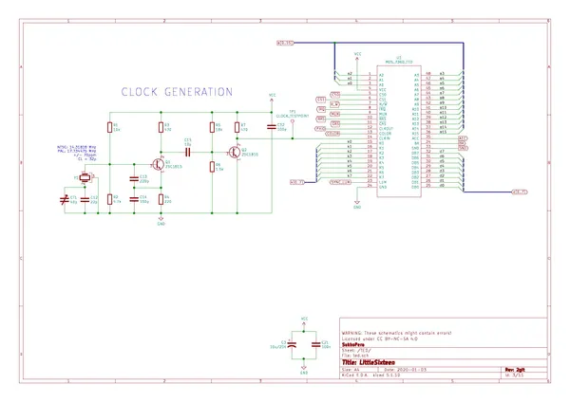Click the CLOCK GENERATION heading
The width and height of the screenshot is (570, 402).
pyautogui.click(x=176, y=92)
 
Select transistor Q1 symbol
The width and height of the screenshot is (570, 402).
pyautogui.click(x=158, y=163)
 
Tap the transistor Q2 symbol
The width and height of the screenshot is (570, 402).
pyautogui.click(x=233, y=151)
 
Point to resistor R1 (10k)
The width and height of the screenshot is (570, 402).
pyautogui.click(x=111, y=127)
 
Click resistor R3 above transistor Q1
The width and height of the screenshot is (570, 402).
pyautogui.click(x=161, y=127)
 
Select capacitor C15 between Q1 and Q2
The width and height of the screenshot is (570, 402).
pyautogui.click(x=188, y=151)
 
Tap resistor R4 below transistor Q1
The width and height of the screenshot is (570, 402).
pyautogui.click(x=161, y=199)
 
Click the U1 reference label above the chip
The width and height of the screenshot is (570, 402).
pyautogui.click(x=399, y=55)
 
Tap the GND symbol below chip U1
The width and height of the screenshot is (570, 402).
pyautogui.click(x=356, y=203)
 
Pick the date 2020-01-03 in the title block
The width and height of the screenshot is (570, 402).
pyautogui.click(x=426, y=369)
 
